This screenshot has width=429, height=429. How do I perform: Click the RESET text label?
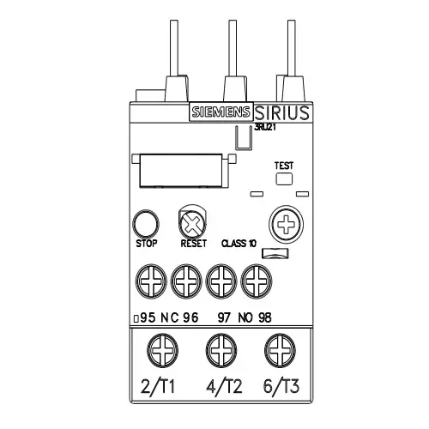[x=194, y=244]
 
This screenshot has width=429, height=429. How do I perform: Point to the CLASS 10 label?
[x=239, y=244]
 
